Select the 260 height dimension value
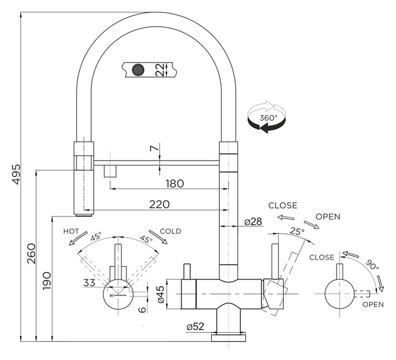(x=31, y=253)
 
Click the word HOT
(x=72, y=231)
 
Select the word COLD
(x=170, y=231)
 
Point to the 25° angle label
(x=297, y=231)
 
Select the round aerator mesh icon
(x=138, y=70)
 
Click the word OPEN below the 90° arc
(x=372, y=304)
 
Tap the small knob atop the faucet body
(x=188, y=271)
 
